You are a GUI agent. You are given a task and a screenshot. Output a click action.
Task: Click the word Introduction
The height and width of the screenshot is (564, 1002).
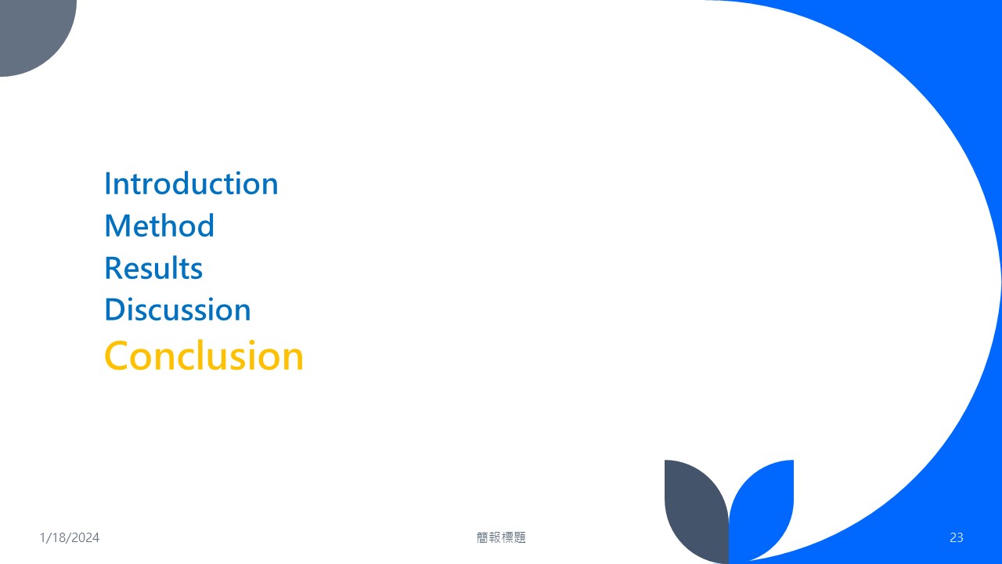pos(191,183)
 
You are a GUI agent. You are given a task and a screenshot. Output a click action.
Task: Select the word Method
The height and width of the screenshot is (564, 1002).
pos(159,225)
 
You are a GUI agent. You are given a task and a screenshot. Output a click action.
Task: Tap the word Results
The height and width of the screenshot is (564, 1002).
pos(153,268)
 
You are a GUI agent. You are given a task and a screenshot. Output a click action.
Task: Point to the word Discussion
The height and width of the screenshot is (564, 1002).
pos(178,309)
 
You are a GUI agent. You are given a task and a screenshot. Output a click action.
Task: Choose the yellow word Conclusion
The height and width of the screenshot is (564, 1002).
pos(204,356)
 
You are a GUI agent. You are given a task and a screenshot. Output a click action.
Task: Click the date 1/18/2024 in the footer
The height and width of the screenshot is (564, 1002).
pos(70,537)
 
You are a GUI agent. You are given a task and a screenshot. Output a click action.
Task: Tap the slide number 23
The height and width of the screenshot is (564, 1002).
pos(957,537)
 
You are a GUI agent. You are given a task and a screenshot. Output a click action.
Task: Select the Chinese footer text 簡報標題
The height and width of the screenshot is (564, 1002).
pos(501,537)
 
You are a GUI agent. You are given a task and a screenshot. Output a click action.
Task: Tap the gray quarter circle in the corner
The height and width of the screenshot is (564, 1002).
pos(31,31)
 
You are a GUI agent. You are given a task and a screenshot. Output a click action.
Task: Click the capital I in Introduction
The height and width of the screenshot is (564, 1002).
pos(107,183)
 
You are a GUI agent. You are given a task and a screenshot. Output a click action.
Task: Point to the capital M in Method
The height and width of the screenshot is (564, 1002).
pos(117,226)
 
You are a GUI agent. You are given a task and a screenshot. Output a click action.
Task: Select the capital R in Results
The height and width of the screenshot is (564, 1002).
pos(114,268)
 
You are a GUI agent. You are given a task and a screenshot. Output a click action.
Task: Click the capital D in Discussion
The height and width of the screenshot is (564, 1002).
pos(115,309)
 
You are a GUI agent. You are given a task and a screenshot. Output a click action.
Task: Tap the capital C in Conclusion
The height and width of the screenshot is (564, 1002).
pos(117,356)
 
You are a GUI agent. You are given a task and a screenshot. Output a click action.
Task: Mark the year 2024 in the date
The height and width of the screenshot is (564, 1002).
pos(85,537)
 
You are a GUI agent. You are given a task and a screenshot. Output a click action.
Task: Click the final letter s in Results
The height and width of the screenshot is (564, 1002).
pos(196,271)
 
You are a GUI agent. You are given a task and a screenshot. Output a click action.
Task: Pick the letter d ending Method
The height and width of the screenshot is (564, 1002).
pos(206,225)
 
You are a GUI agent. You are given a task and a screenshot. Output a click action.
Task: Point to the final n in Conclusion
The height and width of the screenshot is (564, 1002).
pos(294,360)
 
